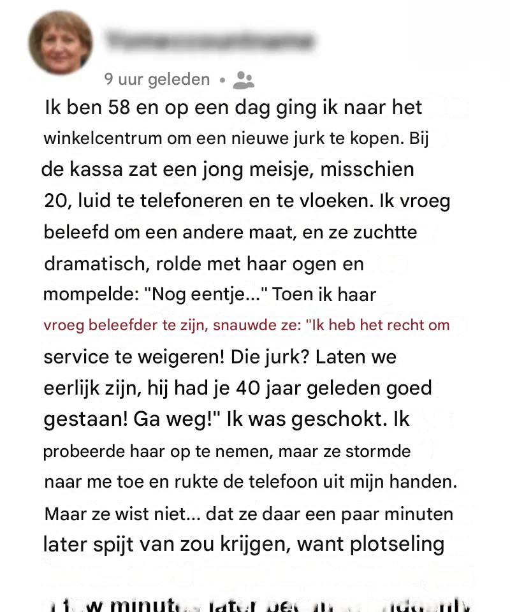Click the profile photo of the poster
tap(61, 43)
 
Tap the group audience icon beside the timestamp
tap(244, 80)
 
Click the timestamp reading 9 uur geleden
tap(157, 80)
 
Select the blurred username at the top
tap(210, 41)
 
